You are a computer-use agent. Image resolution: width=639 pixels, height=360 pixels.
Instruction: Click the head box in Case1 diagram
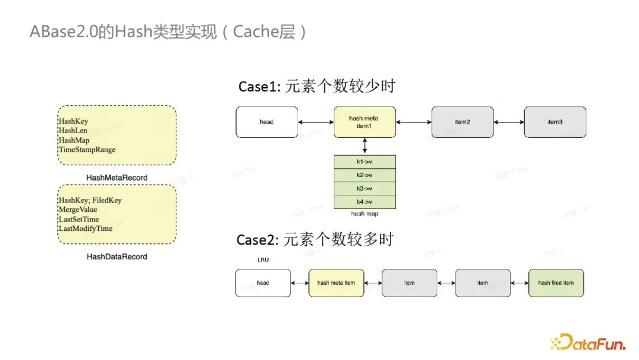(266, 122)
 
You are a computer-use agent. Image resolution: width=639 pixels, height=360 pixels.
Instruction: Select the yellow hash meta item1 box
(364, 122)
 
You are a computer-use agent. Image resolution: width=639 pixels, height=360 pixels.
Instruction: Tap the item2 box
(462, 122)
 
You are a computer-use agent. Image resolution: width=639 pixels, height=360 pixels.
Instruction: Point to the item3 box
(554, 122)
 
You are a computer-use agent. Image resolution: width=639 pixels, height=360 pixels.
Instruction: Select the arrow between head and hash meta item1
(315, 123)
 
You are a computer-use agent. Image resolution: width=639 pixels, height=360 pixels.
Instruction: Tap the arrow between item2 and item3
(508, 123)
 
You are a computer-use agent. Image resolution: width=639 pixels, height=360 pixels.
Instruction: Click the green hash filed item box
(556, 283)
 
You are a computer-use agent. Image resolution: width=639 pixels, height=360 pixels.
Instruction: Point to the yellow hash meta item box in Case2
(336, 283)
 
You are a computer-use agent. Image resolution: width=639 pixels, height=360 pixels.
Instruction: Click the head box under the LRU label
(263, 283)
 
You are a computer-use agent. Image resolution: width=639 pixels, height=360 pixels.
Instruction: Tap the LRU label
(263, 259)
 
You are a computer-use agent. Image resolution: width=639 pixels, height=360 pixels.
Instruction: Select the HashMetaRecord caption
(117, 178)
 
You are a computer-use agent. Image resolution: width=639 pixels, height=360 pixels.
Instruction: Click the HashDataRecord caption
(117, 256)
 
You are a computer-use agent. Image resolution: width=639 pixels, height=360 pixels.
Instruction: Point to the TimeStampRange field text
(86, 150)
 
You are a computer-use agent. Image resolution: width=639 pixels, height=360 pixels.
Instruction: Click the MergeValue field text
(78, 210)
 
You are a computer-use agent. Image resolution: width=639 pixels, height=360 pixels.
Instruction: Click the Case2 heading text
(315, 240)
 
